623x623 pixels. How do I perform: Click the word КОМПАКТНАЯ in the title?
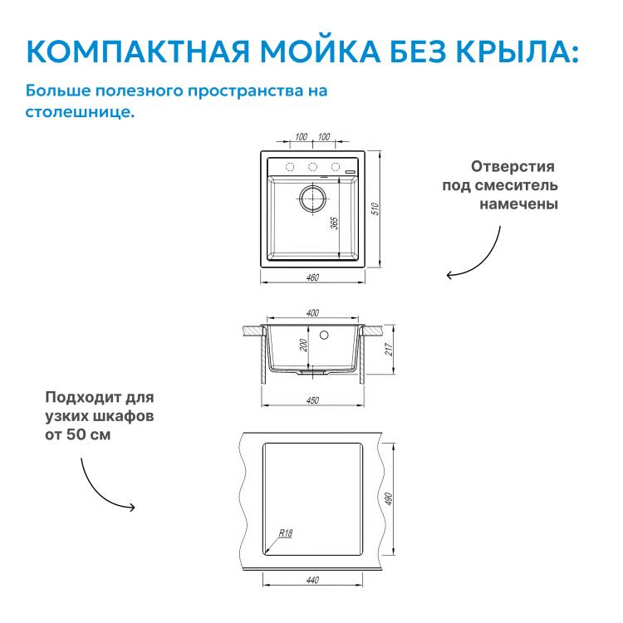(138, 52)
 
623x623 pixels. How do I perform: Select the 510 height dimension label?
(375, 209)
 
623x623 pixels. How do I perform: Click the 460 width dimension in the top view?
(312, 277)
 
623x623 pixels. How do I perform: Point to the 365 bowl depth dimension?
(335, 223)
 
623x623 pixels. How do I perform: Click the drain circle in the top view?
(312, 199)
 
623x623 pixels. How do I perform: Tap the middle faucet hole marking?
(312, 167)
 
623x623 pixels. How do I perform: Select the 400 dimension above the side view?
(312, 313)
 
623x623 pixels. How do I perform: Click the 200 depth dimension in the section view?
(303, 345)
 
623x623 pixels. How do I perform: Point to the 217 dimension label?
(388, 349)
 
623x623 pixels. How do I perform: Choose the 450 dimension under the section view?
(312, 400)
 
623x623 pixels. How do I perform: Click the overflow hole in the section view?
(324, 336)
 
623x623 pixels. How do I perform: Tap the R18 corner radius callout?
(285, 532)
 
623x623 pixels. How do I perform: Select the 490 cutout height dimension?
(388, 499)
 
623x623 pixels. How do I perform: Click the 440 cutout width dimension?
(312, 580)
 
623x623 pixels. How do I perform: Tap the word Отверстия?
(513, 166)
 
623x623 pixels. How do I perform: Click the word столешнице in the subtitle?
(80, 112)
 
